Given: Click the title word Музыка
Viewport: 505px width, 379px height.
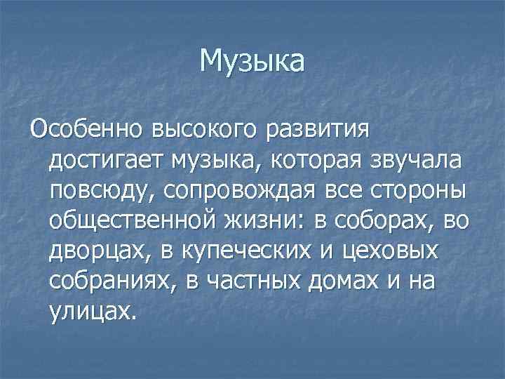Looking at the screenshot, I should point(252,60).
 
